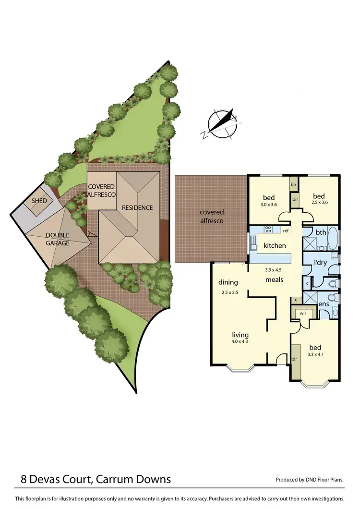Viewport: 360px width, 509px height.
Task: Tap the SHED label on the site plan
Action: coord(39,201)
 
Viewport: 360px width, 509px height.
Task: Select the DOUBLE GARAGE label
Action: coord(58,239)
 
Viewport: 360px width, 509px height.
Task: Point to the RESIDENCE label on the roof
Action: coord(137,207)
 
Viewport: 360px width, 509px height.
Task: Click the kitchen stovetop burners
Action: coord(269,230)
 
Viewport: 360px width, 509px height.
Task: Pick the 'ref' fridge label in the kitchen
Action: coord(285,230)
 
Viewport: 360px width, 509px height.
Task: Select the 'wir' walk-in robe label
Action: coord(303,313)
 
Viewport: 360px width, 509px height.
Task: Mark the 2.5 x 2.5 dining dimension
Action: coord(230,292)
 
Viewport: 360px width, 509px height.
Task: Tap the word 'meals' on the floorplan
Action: coord(274,279)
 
